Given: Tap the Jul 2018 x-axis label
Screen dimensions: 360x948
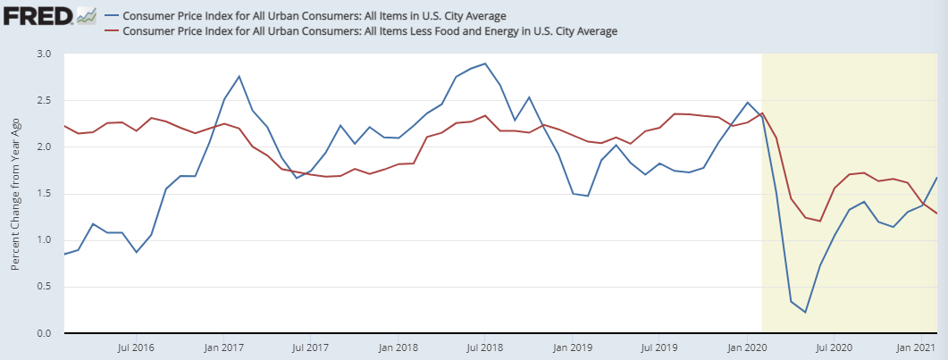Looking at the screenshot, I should (484, 347).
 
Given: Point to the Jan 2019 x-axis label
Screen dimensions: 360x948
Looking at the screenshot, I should (570, 347).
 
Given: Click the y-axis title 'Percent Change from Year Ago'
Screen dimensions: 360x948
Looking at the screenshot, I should (16, 194).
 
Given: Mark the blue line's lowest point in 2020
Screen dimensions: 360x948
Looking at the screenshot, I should (805, 312).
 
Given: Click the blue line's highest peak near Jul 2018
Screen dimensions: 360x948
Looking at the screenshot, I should (484, 63).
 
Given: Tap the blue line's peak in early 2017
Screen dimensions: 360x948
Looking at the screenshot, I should (239, 76).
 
